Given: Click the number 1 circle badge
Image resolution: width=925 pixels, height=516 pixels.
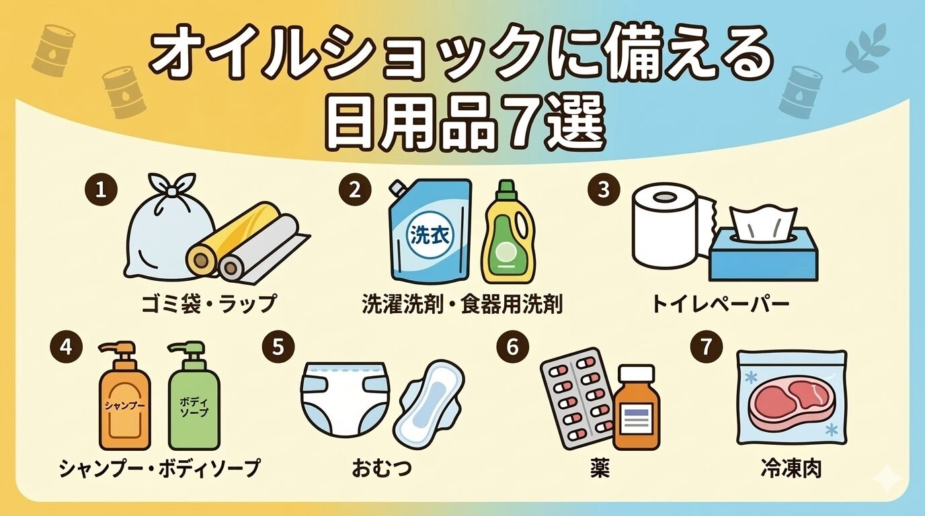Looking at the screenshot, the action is tap(101, 190).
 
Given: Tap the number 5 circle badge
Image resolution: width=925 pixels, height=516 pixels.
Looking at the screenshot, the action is tap(278, 347).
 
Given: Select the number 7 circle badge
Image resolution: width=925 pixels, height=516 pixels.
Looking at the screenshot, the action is tap(706, 347).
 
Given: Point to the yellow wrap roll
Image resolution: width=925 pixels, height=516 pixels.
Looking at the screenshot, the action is tap(231, 239).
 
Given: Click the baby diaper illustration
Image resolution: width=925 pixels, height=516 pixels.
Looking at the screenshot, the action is tap(345, 402).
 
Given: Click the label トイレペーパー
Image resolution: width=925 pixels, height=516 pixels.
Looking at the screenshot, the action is tap(720, 304).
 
